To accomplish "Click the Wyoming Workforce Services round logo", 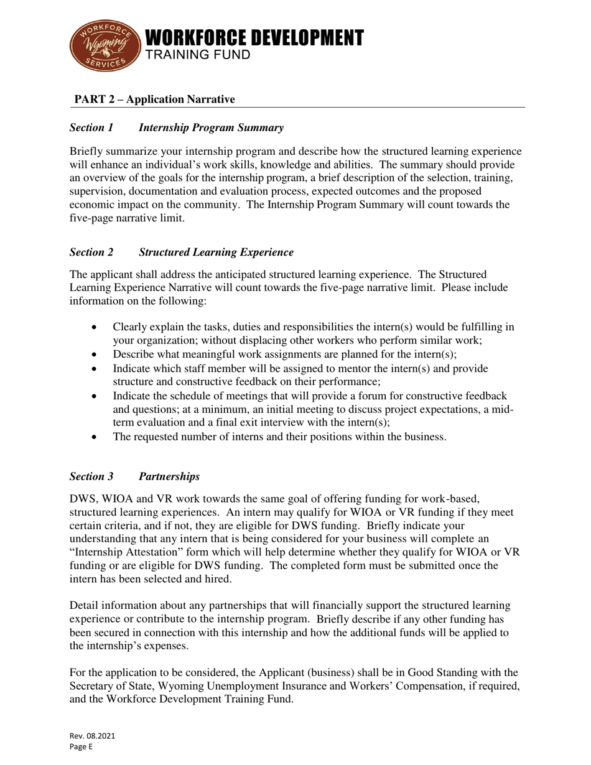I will coord(104,45).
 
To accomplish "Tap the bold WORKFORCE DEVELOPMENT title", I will coord(254,38).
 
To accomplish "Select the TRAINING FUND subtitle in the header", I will coord(197,55).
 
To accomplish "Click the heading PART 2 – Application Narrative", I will coord(155,100).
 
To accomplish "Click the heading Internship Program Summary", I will coord(211,127).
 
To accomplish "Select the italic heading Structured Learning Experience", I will coord(216,252).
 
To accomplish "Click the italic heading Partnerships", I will coord(169,476).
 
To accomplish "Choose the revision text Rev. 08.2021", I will coord(92,736).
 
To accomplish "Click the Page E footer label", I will coord(81,747).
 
